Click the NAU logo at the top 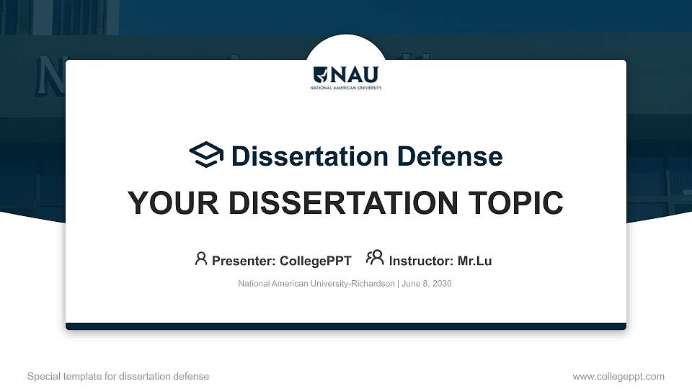[x=346, y=76]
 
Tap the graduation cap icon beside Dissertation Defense [x=207, y=155]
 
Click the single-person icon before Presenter [x=201, y=259]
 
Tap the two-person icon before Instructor [x=375, y=258]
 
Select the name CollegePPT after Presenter [x=315, y=261]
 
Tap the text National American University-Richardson [x=316, y=284]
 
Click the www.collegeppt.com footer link [x=618, y=376]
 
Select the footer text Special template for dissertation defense [x=118, y=376]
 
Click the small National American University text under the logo [x=346, y=88]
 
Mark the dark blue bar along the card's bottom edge [x=346, y=326]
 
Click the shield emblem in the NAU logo [x=321, y=74]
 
